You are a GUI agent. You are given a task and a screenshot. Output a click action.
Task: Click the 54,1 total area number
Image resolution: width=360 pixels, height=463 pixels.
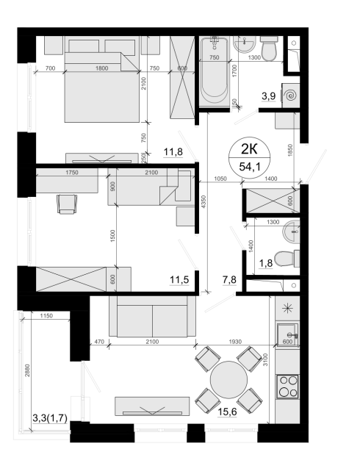coord(250,167)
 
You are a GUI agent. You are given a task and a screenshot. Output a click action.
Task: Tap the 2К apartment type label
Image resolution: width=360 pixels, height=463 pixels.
coord(249,150)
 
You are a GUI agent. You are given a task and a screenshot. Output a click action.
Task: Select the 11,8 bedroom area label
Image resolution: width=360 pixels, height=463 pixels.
coord(173,152)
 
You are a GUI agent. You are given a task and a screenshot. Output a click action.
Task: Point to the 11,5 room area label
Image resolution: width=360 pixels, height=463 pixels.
coord(179,279)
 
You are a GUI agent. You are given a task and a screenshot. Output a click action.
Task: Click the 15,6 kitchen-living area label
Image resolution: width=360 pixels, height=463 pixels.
coord(227,412)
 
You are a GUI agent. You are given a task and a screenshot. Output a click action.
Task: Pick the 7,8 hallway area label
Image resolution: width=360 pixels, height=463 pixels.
coord(229,279)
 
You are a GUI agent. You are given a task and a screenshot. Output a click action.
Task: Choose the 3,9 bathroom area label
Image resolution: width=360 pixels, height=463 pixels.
coord(268,96)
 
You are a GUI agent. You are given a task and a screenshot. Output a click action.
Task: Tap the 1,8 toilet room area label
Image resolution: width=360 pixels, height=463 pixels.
coord(265,263)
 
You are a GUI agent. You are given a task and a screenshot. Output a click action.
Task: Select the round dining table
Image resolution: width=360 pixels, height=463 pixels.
coord(228,379)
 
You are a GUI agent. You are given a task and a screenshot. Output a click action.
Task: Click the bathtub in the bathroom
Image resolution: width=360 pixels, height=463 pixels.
coord(215,72)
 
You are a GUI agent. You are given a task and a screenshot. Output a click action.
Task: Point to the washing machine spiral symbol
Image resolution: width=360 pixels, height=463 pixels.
coord(291,96)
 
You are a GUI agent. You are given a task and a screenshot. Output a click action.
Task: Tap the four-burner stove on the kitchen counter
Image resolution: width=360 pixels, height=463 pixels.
coord(288,387)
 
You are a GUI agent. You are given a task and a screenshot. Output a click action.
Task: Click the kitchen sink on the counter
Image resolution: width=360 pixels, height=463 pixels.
coord(287,335)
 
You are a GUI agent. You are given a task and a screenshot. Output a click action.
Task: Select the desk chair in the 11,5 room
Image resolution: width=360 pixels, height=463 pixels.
coord(68,204)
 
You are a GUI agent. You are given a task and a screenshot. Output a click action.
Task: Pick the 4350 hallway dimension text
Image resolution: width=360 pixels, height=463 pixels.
coord(204,202)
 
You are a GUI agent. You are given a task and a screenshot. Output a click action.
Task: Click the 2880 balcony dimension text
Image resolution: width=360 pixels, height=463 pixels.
coord(27,370)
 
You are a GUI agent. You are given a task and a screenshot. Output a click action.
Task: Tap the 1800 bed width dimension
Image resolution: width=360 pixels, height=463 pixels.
coord(102,68)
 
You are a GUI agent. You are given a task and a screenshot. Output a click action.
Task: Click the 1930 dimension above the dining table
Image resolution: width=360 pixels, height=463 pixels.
coord(235,342)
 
